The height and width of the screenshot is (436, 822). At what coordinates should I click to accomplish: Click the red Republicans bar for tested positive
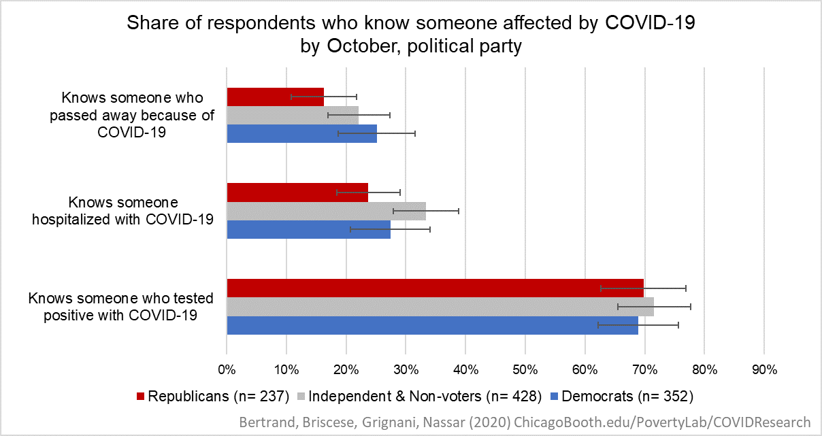click(435, 288)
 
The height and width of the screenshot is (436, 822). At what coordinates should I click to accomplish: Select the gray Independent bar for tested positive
click(440, 307)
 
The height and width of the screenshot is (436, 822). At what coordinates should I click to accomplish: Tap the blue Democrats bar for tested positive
click(432, 325)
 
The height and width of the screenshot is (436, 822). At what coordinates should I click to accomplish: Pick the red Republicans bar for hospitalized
click(297, 192)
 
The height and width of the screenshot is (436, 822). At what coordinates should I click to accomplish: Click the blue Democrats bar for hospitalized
click(308, 229)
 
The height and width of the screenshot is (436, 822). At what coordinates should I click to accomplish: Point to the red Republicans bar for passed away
click(275, 97)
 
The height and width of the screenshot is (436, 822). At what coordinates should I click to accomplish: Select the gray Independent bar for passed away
click(292, 115)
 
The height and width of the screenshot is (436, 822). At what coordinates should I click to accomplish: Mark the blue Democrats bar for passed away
click(301, 133)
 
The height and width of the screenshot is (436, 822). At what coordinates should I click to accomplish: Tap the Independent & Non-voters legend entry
click(419, 396)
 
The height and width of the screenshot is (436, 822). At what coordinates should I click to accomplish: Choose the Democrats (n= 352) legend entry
click(620, 396)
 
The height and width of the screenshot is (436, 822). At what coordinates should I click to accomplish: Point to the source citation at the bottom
click(525, 421)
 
